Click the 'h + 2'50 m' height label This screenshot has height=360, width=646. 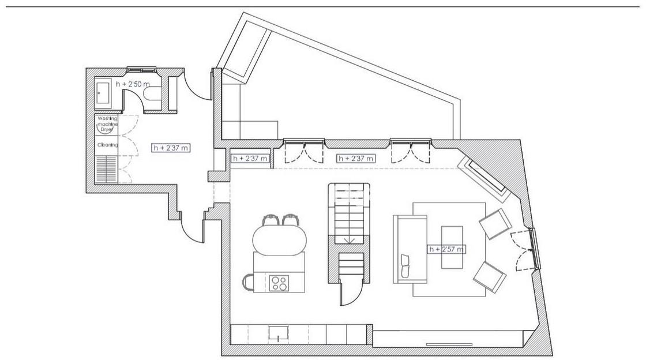pos(133,84)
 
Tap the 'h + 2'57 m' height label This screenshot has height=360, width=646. pos(446,249)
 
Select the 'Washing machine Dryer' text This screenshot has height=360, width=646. pos(107,124)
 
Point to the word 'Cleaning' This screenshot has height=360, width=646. pos(107,145)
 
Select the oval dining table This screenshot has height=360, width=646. pos(280,240)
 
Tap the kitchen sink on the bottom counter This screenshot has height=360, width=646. pos(279,333)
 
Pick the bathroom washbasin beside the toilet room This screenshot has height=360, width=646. pos(103,93)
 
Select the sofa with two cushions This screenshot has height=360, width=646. pos(410,249)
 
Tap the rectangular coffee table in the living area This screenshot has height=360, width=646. pos(452,247)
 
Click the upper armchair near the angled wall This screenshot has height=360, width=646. pos(495,224)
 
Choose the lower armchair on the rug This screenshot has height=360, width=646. pos(490,277)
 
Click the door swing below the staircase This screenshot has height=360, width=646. pos(347,291)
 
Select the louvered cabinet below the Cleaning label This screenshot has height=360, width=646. pos(106,169)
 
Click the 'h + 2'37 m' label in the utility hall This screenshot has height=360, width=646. pos(171,148)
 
